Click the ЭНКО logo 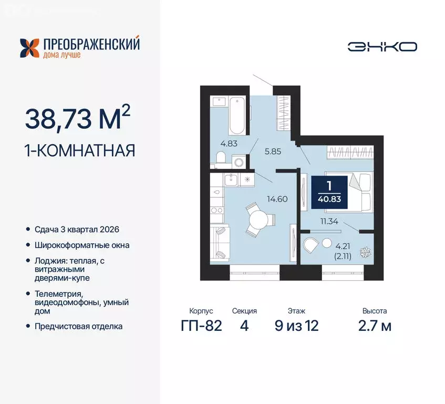(382, 47)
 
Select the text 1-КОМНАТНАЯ (80, 150)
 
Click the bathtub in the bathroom (236, 115)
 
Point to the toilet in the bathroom (221, 157)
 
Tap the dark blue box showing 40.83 (329, 192)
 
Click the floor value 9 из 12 (296, 326)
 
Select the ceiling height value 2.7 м (374, 326)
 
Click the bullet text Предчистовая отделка (79, 326)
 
